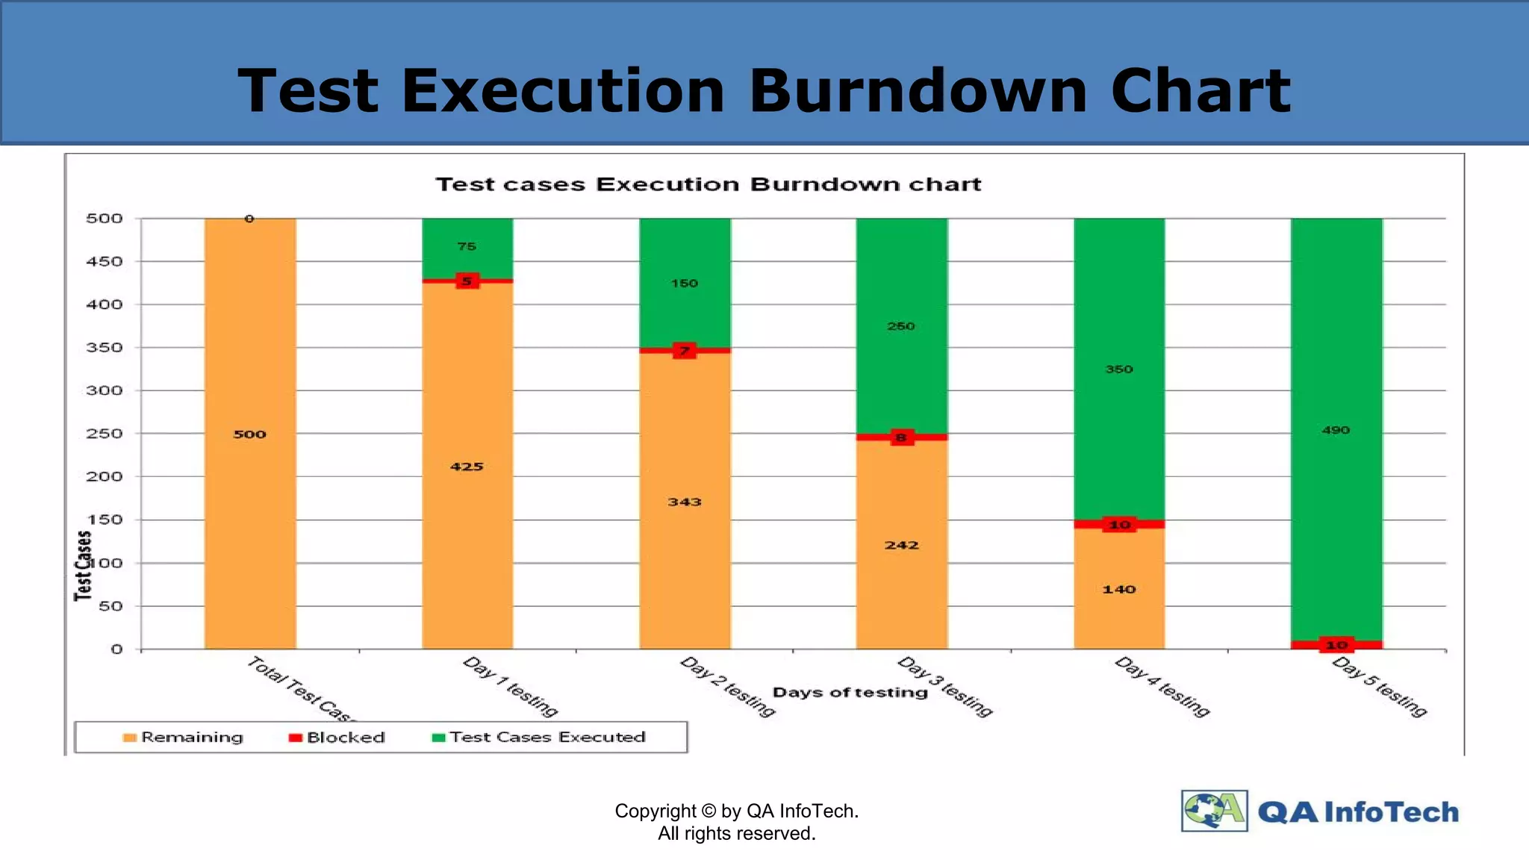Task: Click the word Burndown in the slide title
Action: pos(918,91)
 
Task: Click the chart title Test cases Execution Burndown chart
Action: pos(708,184)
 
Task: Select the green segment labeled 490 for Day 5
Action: pos(1336,429)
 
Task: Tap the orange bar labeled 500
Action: pos(250,434)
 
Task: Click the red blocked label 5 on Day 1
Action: pos(467,281)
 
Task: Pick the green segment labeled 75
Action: pos(467,246)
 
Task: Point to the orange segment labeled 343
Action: pos(685,502)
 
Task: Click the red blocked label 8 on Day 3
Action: pos(901,437)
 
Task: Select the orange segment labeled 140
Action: pos(1119,589)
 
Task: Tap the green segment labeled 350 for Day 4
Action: pos(1119,369)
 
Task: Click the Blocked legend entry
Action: pos(337,738)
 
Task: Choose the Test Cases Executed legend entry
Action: pos(539,738)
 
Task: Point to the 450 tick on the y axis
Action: pos(105,262)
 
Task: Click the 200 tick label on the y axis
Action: pos(105,476)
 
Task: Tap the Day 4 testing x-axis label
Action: pos(1162,687)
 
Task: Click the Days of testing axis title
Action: pos(850,693)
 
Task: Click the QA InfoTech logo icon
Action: pos(1214,811)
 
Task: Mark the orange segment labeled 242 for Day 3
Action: pos(901,545)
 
